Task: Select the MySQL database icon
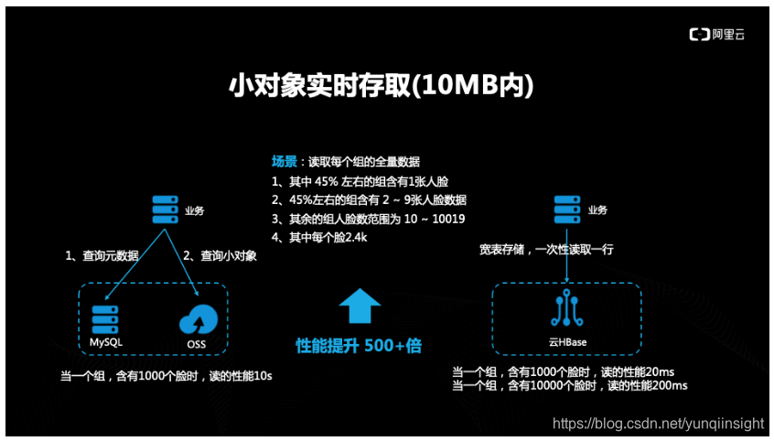106,318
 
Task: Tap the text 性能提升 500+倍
359,346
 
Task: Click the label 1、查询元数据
102,256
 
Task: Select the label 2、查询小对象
220,256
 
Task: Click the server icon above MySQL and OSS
164,211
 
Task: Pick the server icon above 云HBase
566,211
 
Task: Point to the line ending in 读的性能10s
166,377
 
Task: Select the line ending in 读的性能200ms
569,387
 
